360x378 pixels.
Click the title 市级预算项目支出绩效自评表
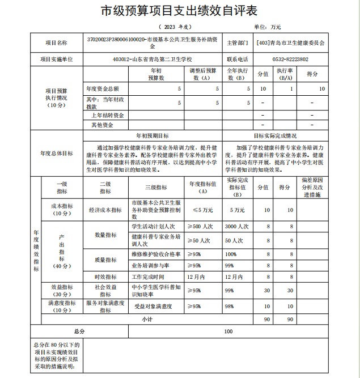179,11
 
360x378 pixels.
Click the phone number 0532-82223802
290,60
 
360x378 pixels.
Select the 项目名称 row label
57,43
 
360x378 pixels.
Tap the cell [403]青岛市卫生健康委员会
290,43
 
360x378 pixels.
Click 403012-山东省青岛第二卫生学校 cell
153,60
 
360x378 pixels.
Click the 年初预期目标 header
153,136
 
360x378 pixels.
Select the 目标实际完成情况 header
275,136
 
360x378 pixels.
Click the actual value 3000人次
236,227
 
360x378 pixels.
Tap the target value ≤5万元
203,210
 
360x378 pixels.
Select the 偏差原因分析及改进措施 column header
312,188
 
